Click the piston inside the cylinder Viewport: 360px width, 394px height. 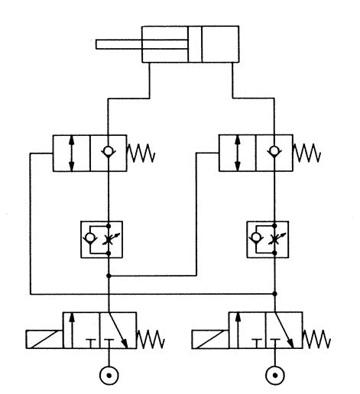[x=196, y=45]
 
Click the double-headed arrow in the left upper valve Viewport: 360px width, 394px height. [x=71, y=154]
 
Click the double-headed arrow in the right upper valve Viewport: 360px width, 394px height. [x=238, y=153]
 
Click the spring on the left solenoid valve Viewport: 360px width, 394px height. [x=148, y=337]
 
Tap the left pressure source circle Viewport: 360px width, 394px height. [x=109, y=376]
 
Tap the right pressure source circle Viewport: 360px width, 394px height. [x=274, y=376]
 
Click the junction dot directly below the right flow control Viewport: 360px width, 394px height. [x=274, y=292]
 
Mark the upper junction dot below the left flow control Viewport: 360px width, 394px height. [x=109, y=275]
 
